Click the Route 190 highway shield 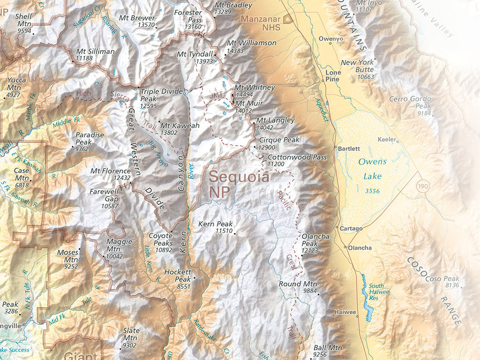pos(421,187)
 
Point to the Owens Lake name pos(372,169)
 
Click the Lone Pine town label pos(333,76)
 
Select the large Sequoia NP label pos(239,184)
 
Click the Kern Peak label pos(216,224)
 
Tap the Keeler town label pos(387,140)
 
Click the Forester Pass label pos(188,16)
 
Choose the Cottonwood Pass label pos(297,157)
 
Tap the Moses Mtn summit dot pos(79,249)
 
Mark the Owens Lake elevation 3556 pos(372,191)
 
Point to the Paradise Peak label pos(90,138)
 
